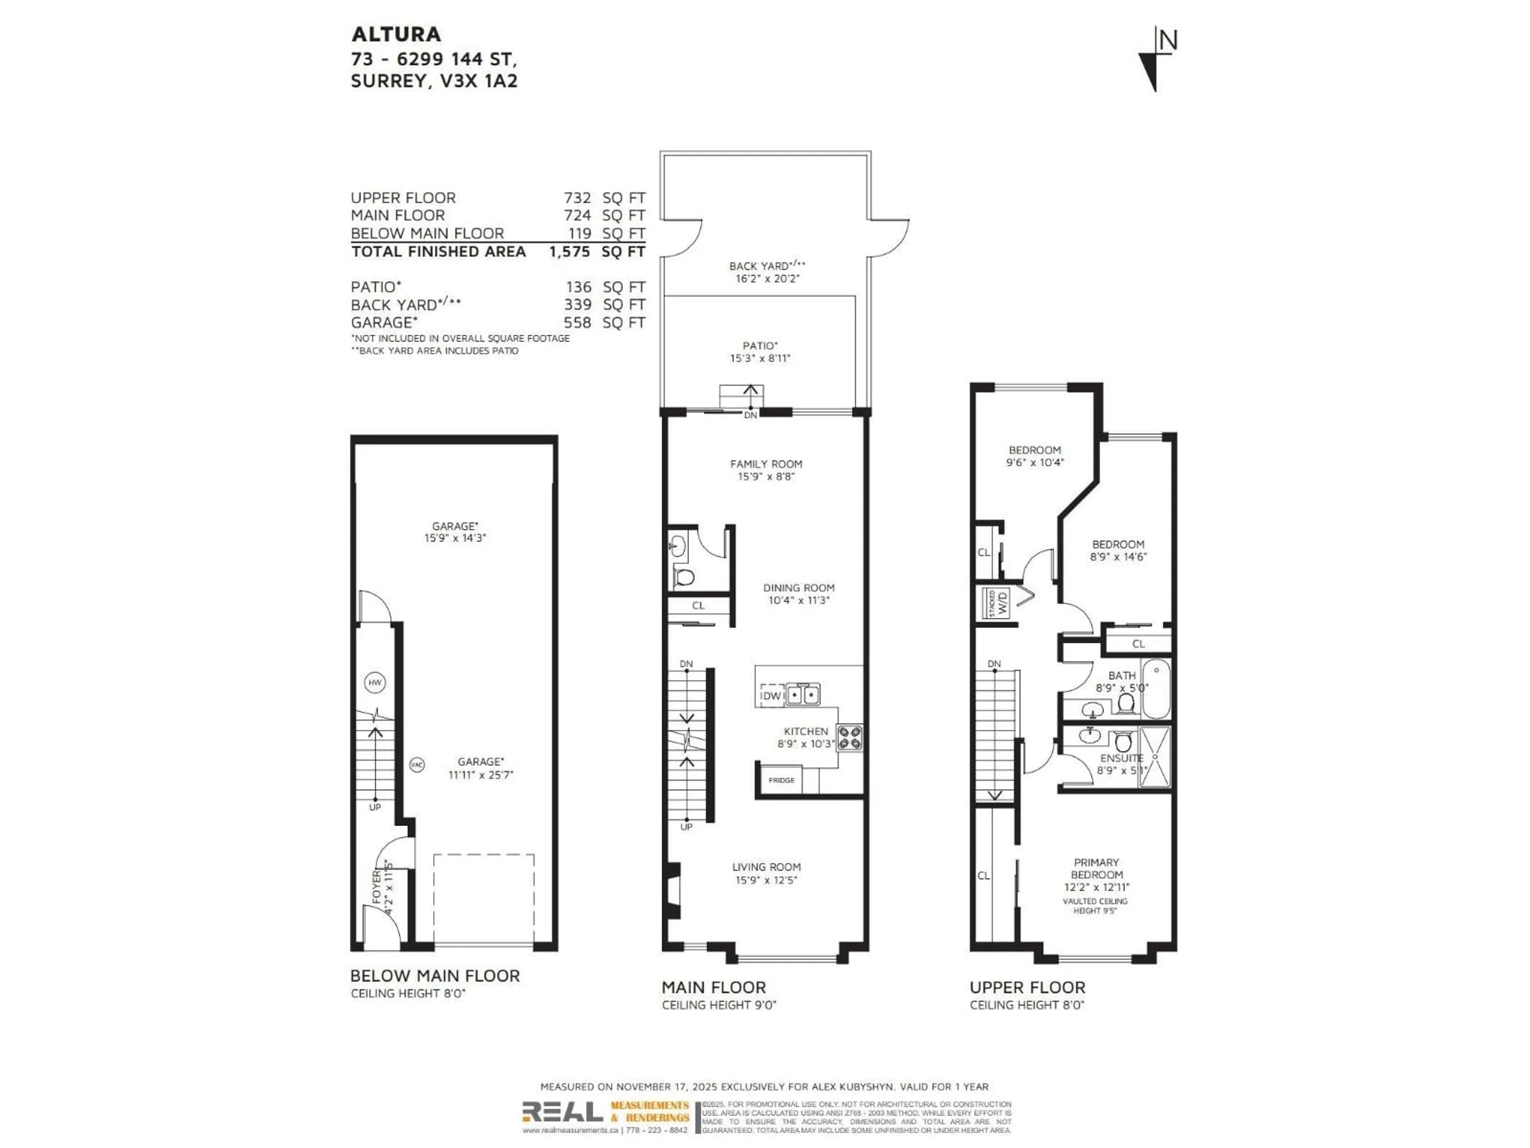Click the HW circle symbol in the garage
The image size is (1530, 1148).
[374, 682]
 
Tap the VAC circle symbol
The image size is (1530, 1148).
[416, 765]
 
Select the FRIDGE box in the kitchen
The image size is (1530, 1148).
[781, 780]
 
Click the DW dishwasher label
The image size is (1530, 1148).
[772, 696]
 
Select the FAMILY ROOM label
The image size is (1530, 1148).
[766, 464]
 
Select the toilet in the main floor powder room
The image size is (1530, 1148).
[684, 576]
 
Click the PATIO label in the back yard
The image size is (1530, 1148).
[759, 345]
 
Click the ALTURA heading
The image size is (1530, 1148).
[396, 34]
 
